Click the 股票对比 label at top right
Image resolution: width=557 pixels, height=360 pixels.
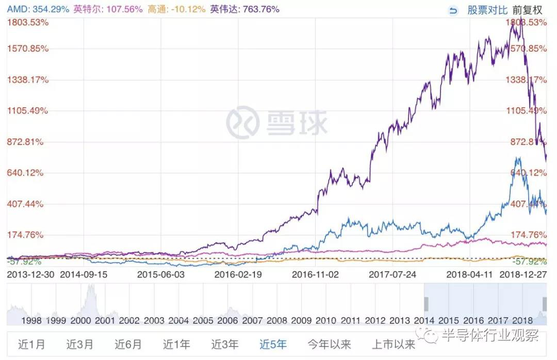point(487,10)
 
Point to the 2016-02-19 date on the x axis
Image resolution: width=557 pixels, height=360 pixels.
point(238,274)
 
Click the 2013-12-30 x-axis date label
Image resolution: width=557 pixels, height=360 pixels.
point(30,274)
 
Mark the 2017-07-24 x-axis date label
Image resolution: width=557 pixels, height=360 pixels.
point(392,274)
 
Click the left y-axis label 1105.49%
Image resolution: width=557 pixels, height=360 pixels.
point(28,110)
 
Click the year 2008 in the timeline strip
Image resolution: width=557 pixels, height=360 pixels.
point(277,320)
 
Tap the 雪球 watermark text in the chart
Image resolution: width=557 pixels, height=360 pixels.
point(297,123)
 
